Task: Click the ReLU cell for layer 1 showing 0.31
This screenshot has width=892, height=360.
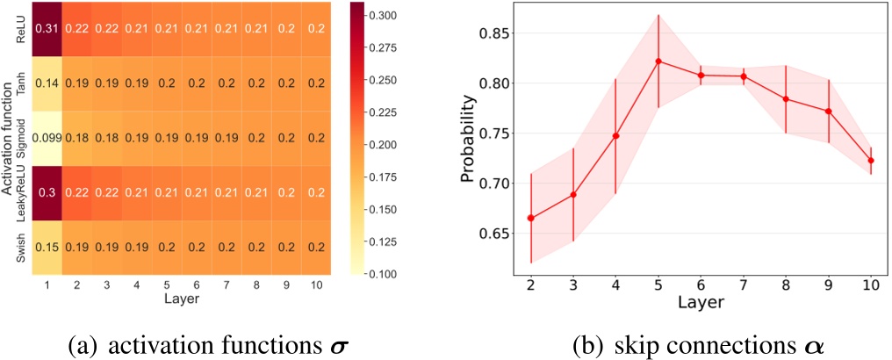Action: pos(45,29)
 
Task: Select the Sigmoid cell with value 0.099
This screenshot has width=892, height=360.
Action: pos(45,137)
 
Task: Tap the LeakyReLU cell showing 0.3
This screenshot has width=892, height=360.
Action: pos(45,191)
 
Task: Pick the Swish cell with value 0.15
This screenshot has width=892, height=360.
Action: pos(45,247)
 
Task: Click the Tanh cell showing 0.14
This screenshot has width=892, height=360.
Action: pos(45,83)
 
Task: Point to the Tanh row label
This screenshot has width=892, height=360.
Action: pos(19,83)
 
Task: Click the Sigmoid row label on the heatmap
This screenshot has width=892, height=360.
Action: pos(19,138)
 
